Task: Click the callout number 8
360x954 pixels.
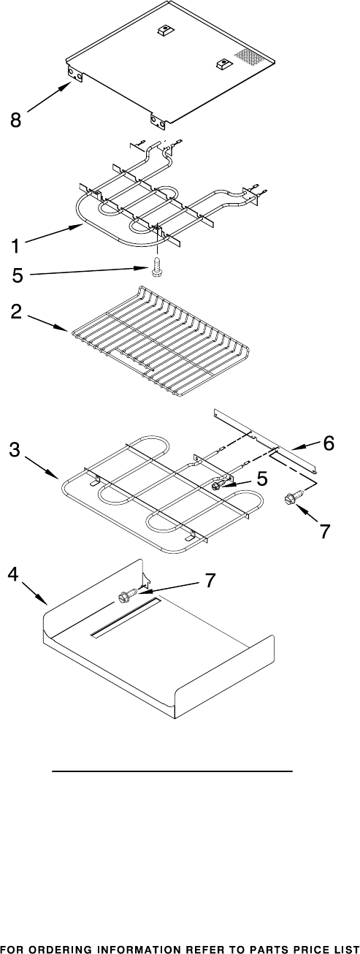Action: (x=15, y=120)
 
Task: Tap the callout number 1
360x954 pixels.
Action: (x=15, y=246)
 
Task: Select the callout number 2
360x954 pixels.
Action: (x=16, y=312)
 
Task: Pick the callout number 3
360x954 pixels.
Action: (x=15, y=450)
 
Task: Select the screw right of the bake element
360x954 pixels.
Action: (x=294, y=496)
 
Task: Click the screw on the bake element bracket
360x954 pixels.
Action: (x=218, y=484)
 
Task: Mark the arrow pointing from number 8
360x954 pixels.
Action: (x=49, y=97)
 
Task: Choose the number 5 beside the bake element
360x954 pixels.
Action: (x=261, y=478)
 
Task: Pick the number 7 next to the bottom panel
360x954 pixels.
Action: (x=210, y=581)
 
